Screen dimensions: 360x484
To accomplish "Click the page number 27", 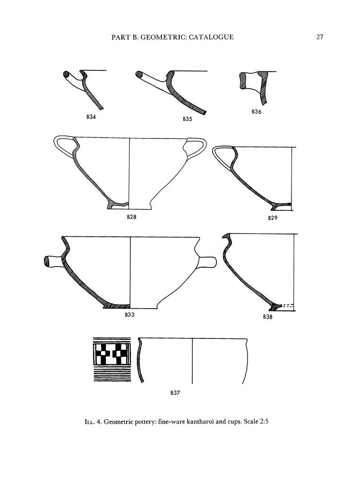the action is (319, 37).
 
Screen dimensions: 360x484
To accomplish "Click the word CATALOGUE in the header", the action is (211, 37).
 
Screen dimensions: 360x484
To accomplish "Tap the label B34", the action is (91, 117).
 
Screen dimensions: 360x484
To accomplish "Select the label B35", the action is (187, 119).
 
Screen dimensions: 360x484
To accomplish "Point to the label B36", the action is (257, 112).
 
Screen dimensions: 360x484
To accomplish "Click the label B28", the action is (132, 217).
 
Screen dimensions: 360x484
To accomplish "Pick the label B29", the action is (273, 218).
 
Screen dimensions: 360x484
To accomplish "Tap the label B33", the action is (129, 315).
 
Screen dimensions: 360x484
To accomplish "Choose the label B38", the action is (268, 317).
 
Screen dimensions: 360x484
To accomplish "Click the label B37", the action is (175, 393).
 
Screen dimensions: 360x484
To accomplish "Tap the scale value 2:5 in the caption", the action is (264, 421).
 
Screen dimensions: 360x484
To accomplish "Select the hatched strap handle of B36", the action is (244, 80).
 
